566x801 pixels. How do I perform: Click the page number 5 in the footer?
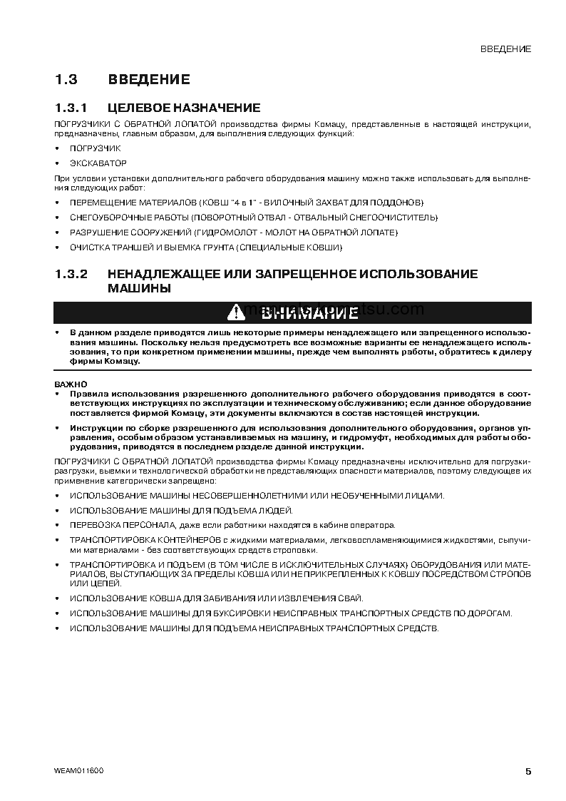pos(528,771)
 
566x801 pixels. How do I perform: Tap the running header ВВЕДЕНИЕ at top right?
pos(505,49)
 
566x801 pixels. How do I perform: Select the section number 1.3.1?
pos(71,108)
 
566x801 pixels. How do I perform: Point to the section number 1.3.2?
pos(71,274)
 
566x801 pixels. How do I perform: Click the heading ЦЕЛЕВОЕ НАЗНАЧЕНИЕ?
pos(184,108)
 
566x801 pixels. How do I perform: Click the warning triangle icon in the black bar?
pos(236,312)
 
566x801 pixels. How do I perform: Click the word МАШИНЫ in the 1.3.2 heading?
pos(139,289)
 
